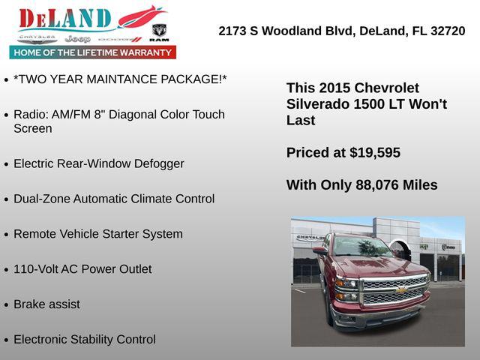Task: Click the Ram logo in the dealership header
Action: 158,31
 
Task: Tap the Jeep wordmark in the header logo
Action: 77,38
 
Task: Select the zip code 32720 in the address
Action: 447,31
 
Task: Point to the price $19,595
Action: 375,153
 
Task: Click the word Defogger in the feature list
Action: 155,163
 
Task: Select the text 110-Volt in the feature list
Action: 37,269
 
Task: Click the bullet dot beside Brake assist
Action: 6,305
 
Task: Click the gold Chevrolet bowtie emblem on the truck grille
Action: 401,289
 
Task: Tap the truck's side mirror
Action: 320,251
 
